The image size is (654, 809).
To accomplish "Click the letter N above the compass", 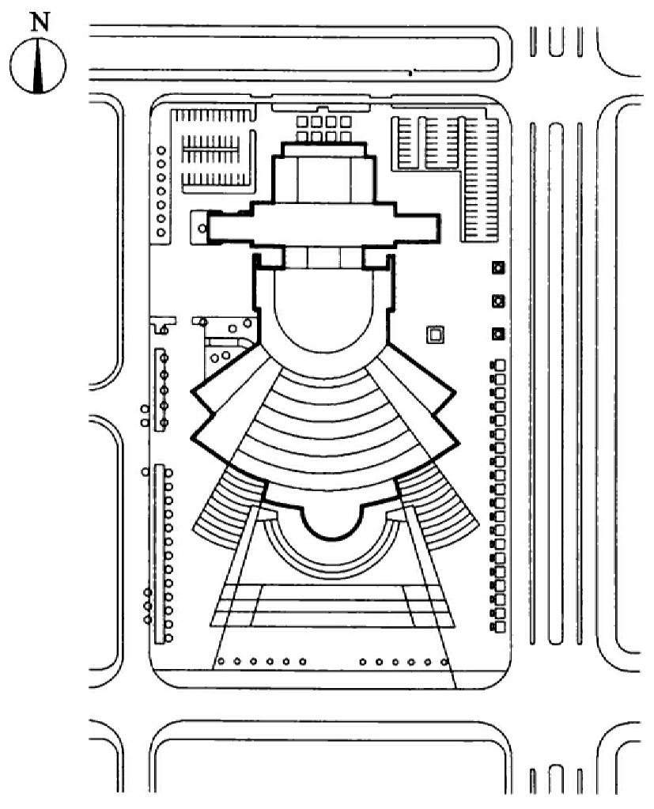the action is click(x=40, y=21).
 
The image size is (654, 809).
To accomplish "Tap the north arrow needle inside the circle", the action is click(x=38, y=66).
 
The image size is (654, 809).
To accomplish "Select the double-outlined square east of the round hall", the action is click(x=435, y=335).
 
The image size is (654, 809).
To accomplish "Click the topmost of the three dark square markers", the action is click(x=498, y=268).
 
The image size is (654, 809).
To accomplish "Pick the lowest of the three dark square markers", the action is click(x=498, y=334).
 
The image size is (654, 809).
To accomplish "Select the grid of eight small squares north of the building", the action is click(x=324, y=128).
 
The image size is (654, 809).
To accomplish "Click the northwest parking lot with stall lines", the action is click(x=213, y=149).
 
